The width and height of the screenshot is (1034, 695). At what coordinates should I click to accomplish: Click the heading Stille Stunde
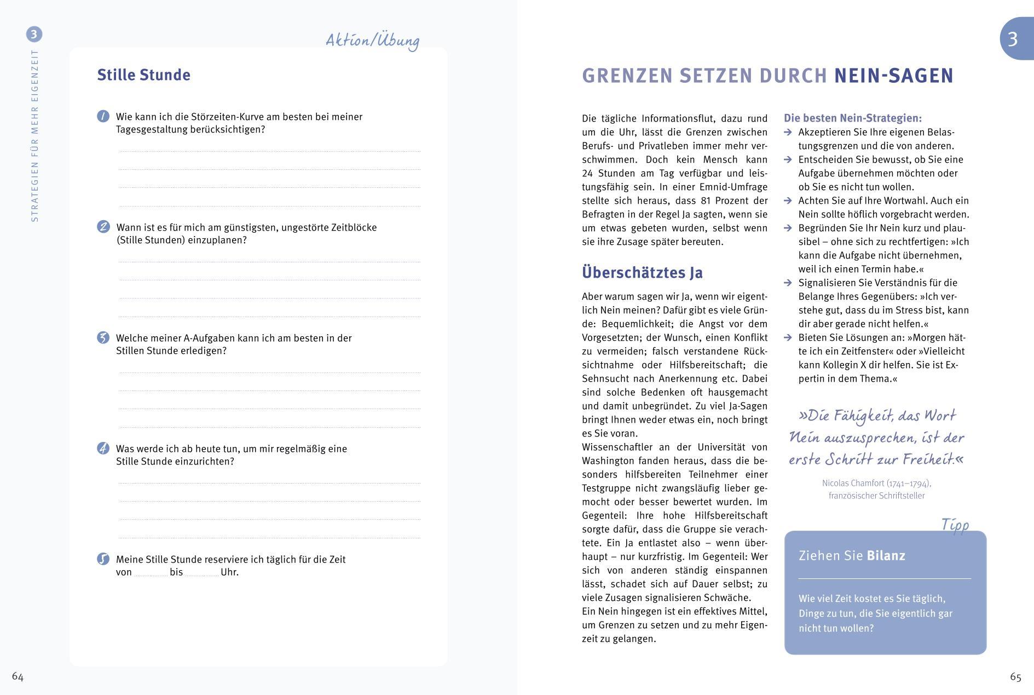(x=143, y=75)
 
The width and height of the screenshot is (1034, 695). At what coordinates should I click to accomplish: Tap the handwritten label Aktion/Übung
(x=372, y=41)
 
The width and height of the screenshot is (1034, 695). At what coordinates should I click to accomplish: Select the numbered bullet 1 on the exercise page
(x=103, y=116)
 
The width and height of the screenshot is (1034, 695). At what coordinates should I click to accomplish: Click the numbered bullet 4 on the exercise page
(x=103, y=448)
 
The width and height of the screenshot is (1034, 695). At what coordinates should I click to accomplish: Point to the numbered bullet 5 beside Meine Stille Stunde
(x=103, y=559)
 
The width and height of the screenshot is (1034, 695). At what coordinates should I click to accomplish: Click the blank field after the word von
(x=151, y=573)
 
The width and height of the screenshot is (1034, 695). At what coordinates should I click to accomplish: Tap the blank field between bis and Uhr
(x=201, y=573)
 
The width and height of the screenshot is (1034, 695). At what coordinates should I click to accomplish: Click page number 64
(x=18, y=677)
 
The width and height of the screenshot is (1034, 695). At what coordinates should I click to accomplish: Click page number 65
(x=1015, y=677)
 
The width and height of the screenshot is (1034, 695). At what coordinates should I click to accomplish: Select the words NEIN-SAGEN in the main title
(x=893, y=76)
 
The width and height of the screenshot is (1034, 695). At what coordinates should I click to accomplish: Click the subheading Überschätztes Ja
(x=642, y=272)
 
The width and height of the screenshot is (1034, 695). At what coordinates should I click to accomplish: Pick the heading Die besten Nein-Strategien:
(x=852, y=118)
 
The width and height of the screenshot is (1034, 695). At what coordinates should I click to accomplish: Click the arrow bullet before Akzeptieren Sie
(x=788, y=133)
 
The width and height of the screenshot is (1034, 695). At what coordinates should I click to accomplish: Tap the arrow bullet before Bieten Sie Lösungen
(x=788, y=338)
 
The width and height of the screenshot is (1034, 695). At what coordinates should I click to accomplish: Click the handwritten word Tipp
(x=955, y=525)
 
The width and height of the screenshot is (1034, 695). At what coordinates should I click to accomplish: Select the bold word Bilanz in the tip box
(x=886, y=556)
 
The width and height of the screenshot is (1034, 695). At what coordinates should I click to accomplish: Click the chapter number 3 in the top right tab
(x=1013, y=39)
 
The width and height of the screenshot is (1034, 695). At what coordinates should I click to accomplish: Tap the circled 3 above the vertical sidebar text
(x=34, y=35)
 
